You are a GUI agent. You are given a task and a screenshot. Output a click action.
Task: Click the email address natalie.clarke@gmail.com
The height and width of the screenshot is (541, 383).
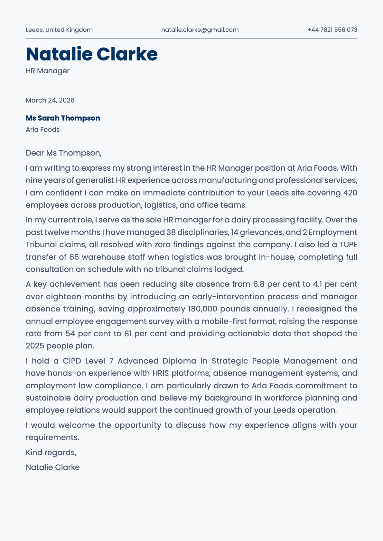[x=200, y=30]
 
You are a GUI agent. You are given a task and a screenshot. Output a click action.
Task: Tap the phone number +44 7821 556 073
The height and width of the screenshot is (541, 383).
[x=332, y=30]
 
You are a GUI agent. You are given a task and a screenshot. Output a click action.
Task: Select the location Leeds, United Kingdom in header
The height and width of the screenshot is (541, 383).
[x=59, y=30]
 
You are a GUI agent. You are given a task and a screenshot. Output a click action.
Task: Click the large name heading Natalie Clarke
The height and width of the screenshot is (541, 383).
[x=92, y=54]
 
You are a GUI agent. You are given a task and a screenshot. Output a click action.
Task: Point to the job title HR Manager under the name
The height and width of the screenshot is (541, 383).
[x=48, y=71]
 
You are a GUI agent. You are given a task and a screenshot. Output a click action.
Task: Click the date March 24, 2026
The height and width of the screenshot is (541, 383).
[x=50, y=100]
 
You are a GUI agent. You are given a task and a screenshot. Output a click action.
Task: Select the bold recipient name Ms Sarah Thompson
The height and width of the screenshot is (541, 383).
[x=63, y=118]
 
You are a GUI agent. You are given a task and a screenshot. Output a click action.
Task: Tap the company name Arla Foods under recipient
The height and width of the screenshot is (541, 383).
[x=42, y=130]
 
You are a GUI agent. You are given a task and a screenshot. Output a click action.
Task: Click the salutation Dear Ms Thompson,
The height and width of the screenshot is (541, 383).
[x=63, y=153]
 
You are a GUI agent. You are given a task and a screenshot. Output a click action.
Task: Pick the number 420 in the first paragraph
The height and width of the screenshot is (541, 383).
[x=350, y=193]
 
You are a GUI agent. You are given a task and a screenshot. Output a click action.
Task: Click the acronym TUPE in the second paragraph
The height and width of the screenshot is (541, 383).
[x=348, y=245]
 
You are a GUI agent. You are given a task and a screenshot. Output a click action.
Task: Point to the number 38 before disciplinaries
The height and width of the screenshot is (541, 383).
[x=171, y=232]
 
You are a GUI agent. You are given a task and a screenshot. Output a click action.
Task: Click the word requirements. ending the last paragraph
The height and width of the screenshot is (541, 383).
[x=52, y=437]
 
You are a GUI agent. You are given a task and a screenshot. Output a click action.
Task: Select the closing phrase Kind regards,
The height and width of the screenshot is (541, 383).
[x=51, y=453]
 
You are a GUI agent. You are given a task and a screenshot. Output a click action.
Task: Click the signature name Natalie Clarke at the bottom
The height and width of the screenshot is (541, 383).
[x=52, y=467]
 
